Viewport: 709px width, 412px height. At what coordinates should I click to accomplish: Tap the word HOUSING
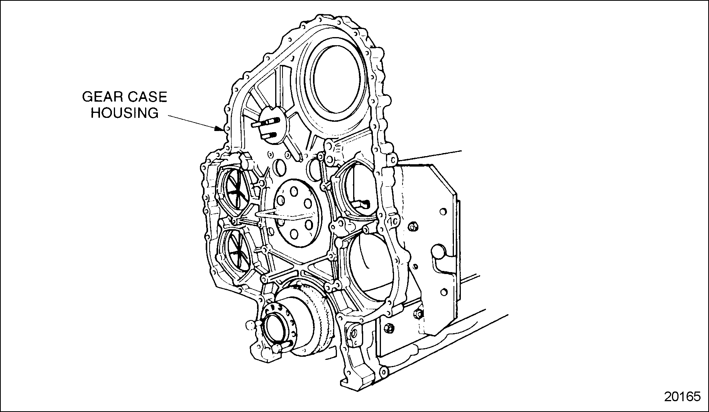124,113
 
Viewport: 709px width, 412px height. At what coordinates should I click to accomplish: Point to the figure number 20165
682,397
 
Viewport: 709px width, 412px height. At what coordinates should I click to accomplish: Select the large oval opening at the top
337,81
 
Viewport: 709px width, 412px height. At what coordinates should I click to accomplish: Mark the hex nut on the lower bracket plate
389,328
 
